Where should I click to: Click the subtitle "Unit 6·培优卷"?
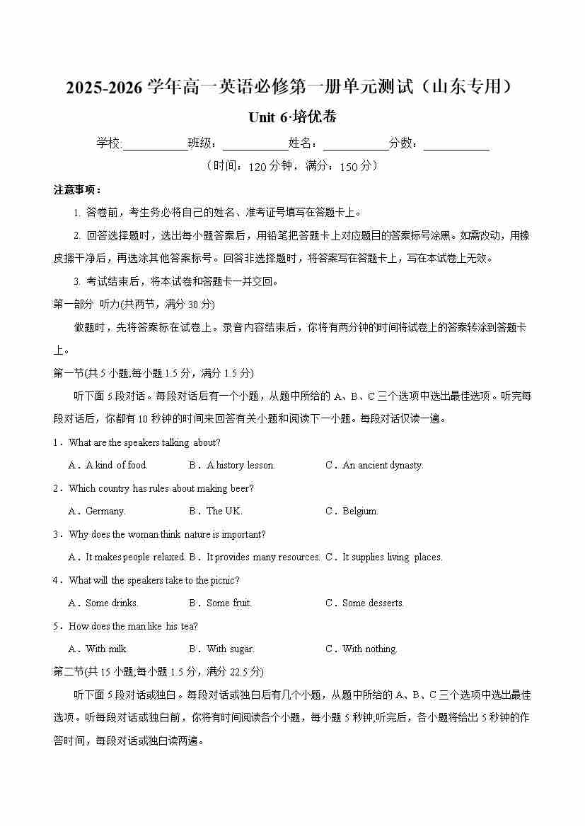pos(292,117)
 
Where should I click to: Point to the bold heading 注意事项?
pos(78,190)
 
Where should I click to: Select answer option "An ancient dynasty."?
pos(383,465)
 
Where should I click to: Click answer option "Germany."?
pos(105,511)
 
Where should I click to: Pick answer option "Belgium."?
pos(360,511)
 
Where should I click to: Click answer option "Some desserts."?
pos(373,603)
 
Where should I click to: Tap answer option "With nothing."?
pos(370,649)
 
